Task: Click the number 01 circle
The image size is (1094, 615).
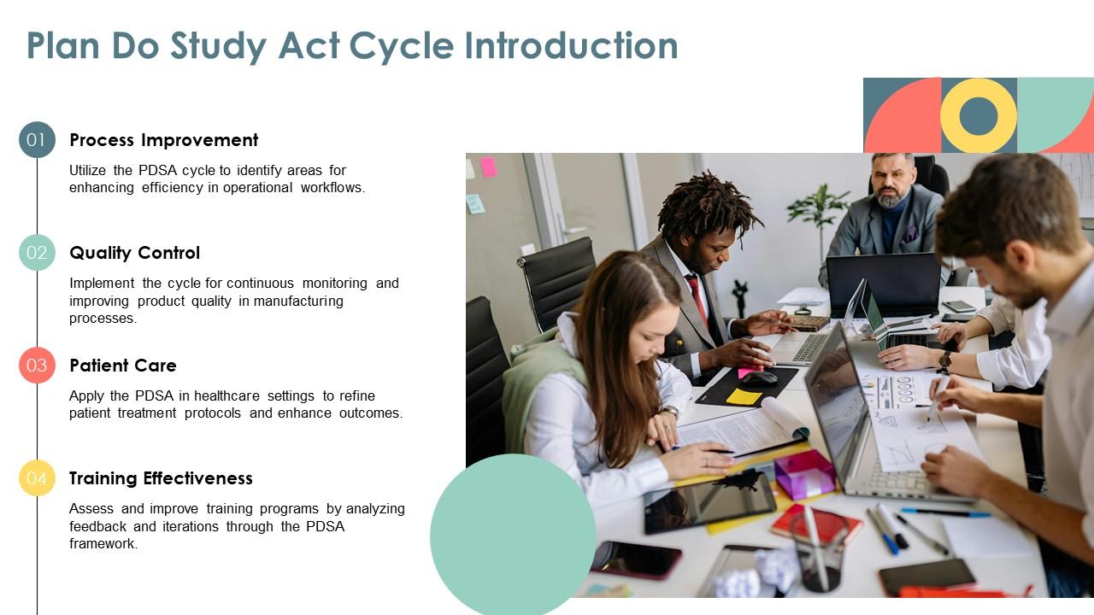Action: click(37, 140)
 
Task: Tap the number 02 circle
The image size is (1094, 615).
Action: click(37, 253)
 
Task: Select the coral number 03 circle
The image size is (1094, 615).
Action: click(37, 366)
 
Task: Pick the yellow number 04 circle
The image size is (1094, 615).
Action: click(37, 478)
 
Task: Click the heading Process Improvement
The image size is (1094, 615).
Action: click(163, 140)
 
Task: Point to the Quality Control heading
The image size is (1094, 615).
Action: click(134, 253)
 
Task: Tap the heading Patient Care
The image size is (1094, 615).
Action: click(122, 366)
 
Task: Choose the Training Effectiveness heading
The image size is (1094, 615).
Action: click(161, 478)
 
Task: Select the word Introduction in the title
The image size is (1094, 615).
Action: click(571, 46)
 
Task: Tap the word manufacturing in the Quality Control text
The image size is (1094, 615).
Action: click(303, 301)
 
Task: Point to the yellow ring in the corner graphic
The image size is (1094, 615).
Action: click(979, 115)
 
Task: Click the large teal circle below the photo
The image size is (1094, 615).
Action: click(513, 534)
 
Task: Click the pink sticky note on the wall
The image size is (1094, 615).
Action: click(488, 167)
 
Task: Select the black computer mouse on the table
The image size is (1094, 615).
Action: click(759, 378)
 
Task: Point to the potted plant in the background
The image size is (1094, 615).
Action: click(818, 208)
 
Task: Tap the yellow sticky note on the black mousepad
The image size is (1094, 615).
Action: click(744, 396)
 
